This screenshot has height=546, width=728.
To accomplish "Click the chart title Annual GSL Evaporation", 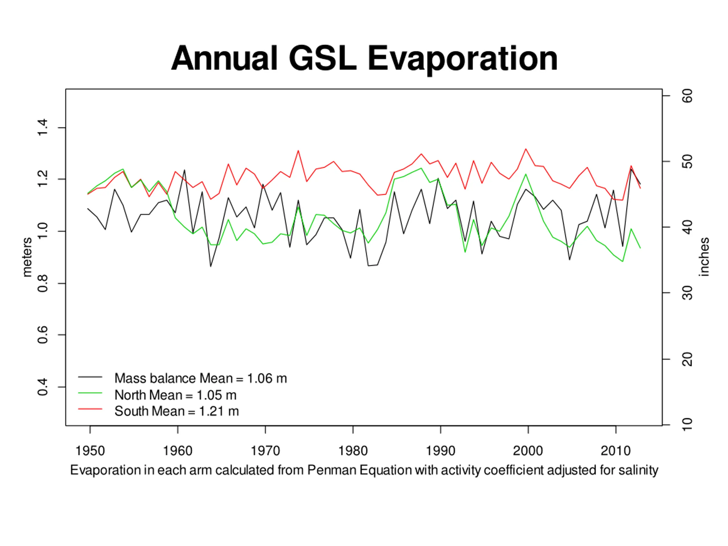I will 364,59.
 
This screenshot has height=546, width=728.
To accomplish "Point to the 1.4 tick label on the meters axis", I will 43,128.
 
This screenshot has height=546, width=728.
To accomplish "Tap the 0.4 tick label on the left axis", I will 43,387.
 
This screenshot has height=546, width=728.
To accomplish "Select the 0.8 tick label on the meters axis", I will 43,283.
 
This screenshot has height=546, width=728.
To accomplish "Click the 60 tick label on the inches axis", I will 687,96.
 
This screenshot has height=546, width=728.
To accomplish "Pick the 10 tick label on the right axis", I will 687,425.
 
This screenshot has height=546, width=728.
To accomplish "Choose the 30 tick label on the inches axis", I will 687,293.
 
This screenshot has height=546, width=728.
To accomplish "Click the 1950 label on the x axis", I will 90,450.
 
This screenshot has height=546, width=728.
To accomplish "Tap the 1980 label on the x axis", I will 353,450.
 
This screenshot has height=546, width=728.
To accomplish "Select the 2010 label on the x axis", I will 615,450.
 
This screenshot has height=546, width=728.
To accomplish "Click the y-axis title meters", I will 27,257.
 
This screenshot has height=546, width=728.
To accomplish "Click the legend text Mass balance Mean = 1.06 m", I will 200,379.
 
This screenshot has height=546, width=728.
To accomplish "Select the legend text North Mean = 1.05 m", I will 175,395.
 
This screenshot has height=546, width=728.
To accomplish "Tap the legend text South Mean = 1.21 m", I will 176,411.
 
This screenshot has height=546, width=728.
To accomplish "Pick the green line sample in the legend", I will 90,393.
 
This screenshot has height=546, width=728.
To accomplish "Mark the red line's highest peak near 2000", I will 526,149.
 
